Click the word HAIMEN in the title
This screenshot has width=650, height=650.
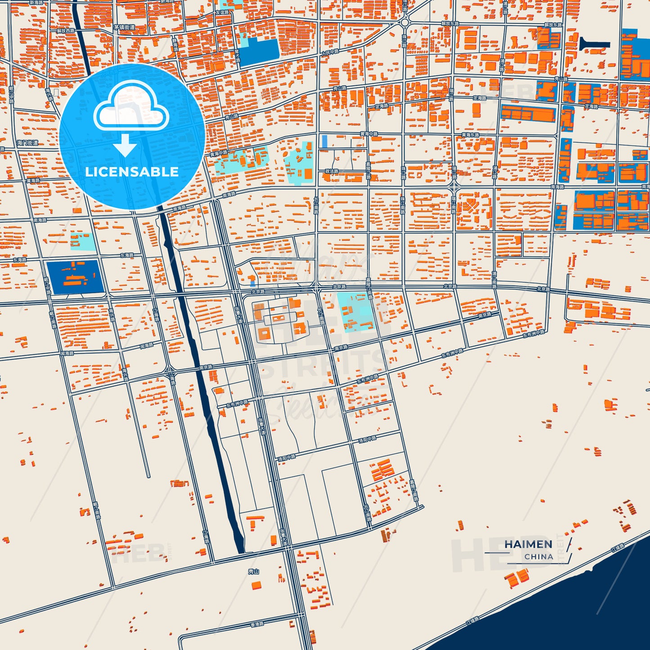(528, 544)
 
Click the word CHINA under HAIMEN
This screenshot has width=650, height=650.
(538, 556)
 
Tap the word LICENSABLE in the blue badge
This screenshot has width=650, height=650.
(132, 172)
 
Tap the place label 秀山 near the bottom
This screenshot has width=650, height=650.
(254, 572)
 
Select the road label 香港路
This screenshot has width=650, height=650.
(257, 624)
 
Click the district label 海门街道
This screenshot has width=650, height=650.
(28, 143)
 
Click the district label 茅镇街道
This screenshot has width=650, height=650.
(124, 27)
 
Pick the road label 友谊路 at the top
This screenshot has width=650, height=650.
(222, 13)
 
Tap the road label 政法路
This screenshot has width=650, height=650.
(332, 171)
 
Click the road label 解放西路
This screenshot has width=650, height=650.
(66, 31)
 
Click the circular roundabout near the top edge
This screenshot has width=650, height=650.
(404, 22)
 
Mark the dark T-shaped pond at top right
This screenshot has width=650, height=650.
(593, 45)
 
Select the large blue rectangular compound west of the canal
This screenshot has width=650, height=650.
(76, 277)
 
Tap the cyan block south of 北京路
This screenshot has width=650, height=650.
(355, 311)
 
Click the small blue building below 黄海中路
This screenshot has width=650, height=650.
(325, 141)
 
